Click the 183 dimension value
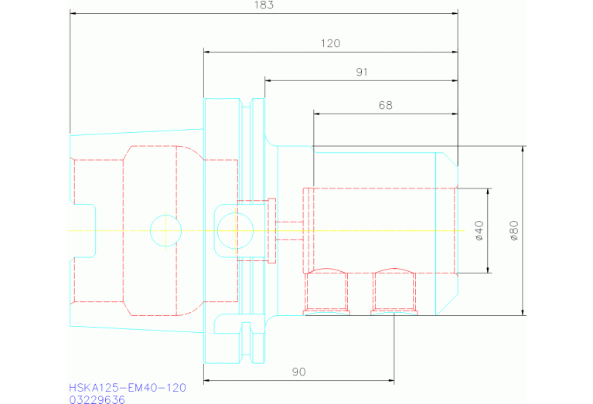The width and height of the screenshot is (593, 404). tap(264, 5)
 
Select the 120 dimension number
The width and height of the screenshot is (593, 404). tap(330, 44)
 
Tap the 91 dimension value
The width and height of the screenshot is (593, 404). tap(361, 72)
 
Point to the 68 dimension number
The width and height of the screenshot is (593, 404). tap(384, 105)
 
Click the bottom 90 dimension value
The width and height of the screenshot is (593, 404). tap(299, 372)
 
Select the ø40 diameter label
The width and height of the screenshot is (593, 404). tap(479, 230)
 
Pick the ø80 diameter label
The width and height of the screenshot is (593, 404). tap(513, 230)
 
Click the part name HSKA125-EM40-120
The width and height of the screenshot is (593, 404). tap(127, 387)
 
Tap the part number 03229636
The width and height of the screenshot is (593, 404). tap(97, 399)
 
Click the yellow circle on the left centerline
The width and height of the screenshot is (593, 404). tap(165, 230)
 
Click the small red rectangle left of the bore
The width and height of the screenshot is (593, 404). tap(272, 230)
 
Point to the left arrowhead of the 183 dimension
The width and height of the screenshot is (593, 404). tap(73, 13)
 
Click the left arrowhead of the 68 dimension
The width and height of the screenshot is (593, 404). tap(317, 114)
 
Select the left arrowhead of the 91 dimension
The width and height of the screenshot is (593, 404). tap(268, 80)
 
